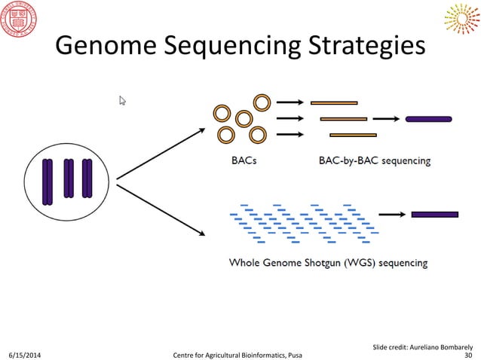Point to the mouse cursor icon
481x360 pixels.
(122, 100)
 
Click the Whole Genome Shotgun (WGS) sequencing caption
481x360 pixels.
(328, 263)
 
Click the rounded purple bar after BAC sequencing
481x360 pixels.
(428, 118)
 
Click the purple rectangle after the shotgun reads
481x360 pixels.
(434, 214)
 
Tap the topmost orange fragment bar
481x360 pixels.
(334, 102)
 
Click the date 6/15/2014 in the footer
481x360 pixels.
(25, 354)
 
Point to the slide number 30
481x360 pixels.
(469, 354)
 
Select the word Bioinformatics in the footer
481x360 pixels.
(257, 354)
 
